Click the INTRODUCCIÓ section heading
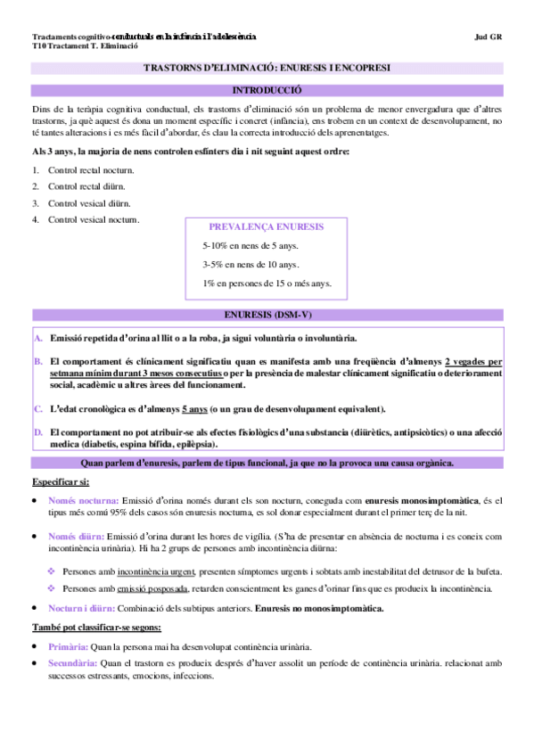click(x=267, y=90)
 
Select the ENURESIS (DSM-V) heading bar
click(x=267, y=316)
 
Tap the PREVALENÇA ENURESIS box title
click(x=266, y=227)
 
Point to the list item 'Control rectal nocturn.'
click(x=90, y=169)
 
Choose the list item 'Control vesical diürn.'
click(x=88, y=202)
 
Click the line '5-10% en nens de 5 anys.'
click(x=250, y=245)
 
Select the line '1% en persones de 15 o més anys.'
click(x=267, y=283)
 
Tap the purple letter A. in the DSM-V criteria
click(x=38, y=338)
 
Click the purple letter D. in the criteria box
click(x=38, y=431)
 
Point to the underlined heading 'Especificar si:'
click(x=60, y=481)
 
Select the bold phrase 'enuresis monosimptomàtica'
click(x=422, y=502)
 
